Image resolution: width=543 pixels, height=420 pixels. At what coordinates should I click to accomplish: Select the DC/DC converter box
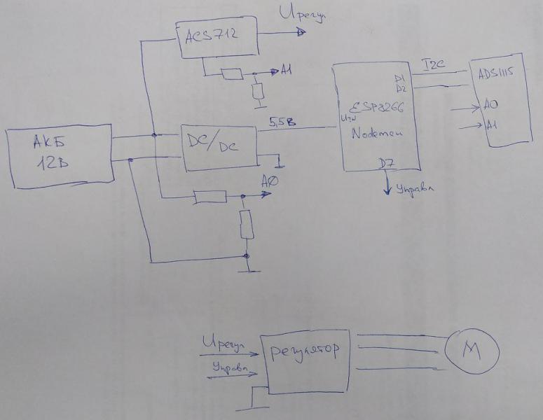(x=217, y=147)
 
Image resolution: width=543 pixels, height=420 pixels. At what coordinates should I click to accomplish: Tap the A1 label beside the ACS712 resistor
(x=287, y=71)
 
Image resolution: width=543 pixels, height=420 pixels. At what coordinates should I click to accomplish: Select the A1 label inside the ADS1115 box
(x=492, y=125)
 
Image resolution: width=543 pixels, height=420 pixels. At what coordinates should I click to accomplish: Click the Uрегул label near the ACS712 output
(x=302, y=15)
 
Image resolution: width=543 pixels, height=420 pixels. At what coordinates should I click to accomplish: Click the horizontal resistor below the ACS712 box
(x=232, y=73)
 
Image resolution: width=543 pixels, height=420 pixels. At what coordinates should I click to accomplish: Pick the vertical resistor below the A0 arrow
(x=246, y=225)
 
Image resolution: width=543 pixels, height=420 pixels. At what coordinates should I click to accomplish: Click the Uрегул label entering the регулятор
(x=224, y=345)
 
